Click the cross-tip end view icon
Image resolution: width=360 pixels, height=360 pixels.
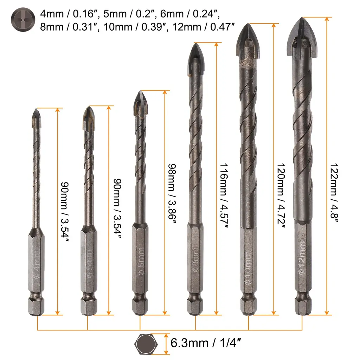(23, 20)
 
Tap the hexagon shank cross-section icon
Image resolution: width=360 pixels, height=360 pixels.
(146, 344)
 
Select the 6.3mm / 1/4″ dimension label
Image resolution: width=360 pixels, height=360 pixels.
(206, 343)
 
